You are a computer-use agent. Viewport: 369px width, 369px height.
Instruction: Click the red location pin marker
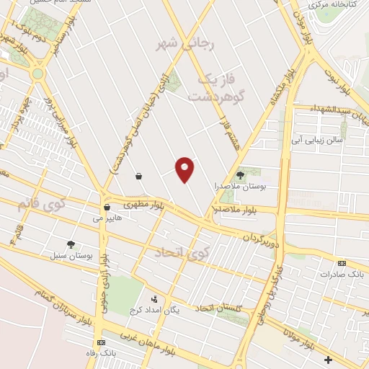pos(186,169)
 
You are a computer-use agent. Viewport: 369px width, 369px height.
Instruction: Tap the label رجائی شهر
pos(177,44)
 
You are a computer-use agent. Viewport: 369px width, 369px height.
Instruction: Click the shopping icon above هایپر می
pos(107,207)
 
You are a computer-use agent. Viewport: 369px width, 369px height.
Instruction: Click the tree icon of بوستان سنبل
pos(71,244)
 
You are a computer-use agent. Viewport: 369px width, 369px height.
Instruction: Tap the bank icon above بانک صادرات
pos(342,263)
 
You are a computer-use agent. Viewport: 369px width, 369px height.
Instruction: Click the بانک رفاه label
pos(100,353)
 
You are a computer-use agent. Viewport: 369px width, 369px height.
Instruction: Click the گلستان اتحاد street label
pos(216,308)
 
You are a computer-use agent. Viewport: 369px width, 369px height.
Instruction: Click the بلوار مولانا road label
pos(299,339)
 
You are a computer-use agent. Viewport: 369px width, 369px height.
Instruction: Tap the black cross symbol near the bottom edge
pos(329,359)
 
